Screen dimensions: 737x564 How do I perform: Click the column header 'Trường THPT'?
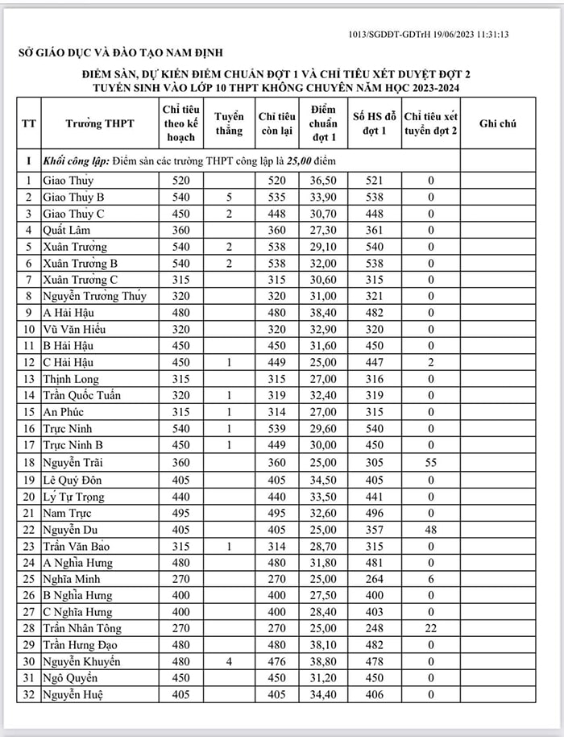(x=100, y=124)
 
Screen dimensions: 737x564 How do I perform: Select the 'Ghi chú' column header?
(x=497, y=124)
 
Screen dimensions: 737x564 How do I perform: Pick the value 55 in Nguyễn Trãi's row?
(x=431, y=462)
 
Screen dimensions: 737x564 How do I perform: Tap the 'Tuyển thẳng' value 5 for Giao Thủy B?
(x=229, y=197)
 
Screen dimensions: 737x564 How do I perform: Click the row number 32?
(x=29, y=694)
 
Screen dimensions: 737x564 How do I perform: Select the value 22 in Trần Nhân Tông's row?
(x=431, y=628)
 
